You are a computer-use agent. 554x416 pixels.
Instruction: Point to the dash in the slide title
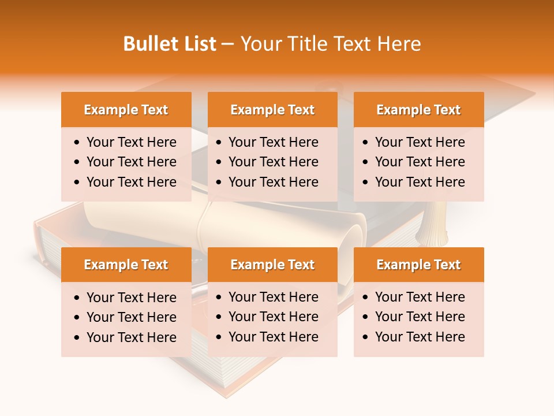point(227,44)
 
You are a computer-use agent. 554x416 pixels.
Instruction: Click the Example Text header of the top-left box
point(126,110)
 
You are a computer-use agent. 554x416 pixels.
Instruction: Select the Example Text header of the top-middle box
point(272,110)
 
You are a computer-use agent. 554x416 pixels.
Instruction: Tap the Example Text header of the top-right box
point(418,110)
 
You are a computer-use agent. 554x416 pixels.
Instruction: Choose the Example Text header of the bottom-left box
point(126,265)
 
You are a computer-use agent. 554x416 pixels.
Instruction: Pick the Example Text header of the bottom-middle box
point(272,265)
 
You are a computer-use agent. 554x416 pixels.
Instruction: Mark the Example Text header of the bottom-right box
point(418,265)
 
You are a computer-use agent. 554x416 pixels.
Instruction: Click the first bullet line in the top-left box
point(131,142)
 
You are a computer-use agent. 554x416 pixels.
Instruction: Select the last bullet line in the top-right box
point(420,182)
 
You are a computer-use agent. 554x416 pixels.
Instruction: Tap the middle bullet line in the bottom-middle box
point(273,317)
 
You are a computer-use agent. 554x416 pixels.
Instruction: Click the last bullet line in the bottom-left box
point(131,337)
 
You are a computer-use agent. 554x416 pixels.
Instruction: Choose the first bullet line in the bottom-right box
point(420,297)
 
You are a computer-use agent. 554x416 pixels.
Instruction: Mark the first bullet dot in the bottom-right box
point(366,298)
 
